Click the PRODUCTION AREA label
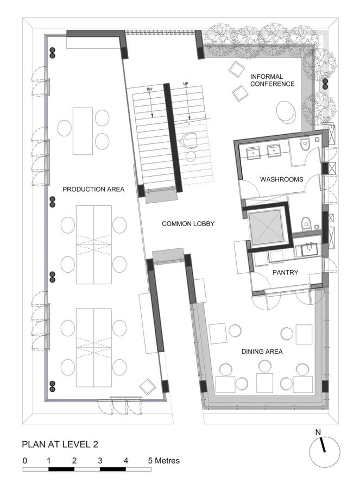coord(93,189)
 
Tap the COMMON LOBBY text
coord(188,224)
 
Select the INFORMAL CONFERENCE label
coord(272,80)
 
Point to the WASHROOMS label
coord(281,179)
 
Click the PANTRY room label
coord(285,273)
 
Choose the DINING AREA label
coord(262,352)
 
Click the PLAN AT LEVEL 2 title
coord(60,444)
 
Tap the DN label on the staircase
coord(150,89)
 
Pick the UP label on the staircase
coord(186,84)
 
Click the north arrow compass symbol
coord(325,452)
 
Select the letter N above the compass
coord(318,432)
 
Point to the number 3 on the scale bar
coord(100,461)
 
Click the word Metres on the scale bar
coord(167,461)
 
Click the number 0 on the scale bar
coord(25,461)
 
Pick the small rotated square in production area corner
coord(148,387)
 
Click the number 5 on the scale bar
coord(150,461)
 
